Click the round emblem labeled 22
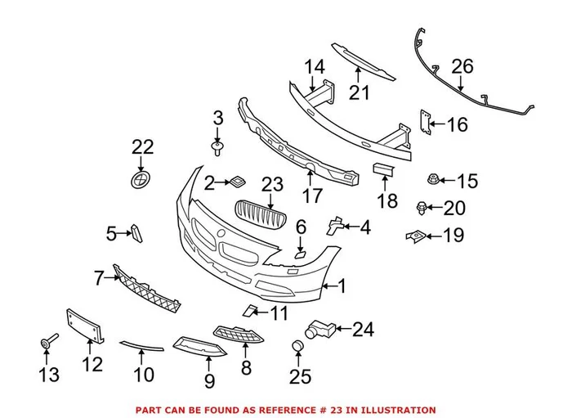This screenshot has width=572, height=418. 143,180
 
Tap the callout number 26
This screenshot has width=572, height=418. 463,66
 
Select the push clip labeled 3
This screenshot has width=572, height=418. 218,148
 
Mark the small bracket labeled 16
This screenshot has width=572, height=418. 424,120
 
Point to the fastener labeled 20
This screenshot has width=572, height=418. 422,208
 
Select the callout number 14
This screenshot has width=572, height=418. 315,66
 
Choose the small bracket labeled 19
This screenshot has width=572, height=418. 414,236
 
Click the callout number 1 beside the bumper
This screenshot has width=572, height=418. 343,286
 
